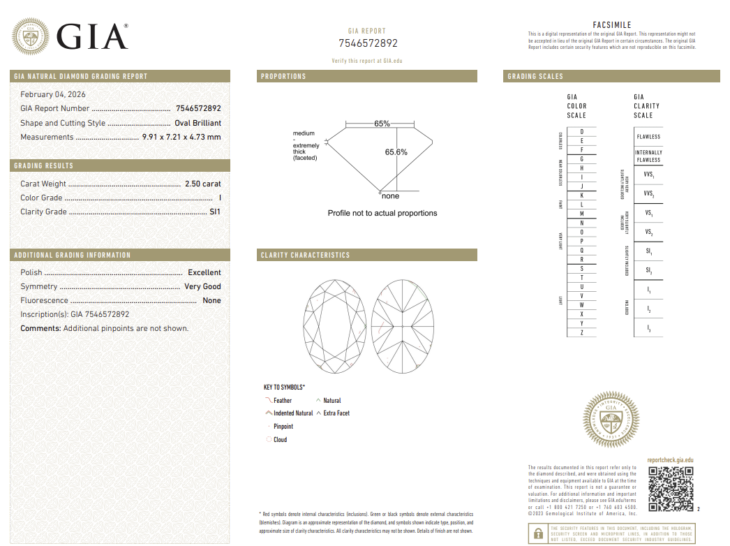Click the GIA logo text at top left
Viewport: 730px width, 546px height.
(x=92, y=36)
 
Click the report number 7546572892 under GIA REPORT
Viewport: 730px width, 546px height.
(x=368, y=43)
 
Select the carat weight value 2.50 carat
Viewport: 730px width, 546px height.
(x=202, y=184)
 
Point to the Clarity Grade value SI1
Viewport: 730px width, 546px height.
(x=215, y=212)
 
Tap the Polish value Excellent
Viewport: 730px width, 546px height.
(x=204, y=273)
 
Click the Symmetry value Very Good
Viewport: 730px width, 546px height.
(x=202, y=287)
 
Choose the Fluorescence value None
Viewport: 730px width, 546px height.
(x=211, y=301)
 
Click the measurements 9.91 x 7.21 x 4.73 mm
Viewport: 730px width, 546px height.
(x=181, y=138)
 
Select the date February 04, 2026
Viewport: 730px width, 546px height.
(x=53, y=94)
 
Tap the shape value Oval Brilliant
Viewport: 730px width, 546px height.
(x=198, y=124)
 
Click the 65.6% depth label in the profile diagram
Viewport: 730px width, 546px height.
(x=396, y=152)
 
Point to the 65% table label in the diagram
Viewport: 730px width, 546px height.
(x=382, y=124)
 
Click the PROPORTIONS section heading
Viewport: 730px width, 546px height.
(x=283, y=76)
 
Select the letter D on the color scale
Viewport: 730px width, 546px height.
(x=581, y=132)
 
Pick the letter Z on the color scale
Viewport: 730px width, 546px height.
(x=581, y=333)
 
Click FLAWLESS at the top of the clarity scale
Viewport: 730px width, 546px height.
(x=648, y=137)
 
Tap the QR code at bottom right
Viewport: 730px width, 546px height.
(x=671, y=489)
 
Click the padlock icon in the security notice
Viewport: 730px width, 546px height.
(x=538, y=534)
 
